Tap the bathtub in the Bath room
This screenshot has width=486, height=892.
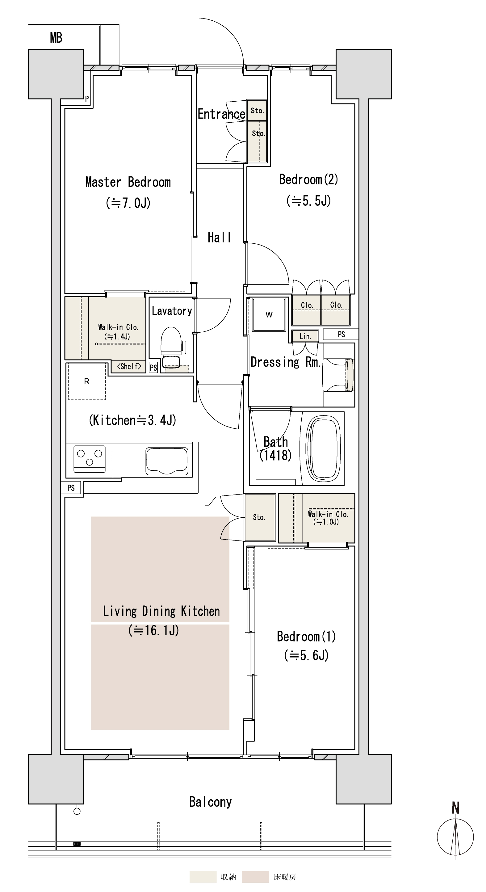(323, 448)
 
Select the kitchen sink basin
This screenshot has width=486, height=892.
(167, 461)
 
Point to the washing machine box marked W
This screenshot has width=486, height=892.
(269, 315)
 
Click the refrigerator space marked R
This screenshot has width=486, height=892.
(86, 381)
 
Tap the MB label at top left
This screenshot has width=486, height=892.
(56, 38)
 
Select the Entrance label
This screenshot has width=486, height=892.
(221, 114)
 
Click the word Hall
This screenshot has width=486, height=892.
(219, 238)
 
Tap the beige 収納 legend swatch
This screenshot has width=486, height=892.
(203, 877)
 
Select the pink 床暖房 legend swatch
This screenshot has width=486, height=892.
(255, 877)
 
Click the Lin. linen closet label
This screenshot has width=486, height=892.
(305, 336)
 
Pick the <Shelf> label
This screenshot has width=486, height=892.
(129, 366)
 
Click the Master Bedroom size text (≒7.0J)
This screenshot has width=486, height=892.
(128, 203)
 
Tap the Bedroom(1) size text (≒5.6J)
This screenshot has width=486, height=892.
(306, 655)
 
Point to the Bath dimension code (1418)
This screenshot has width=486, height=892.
(275, 455)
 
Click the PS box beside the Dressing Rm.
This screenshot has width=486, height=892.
(341, 334)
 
